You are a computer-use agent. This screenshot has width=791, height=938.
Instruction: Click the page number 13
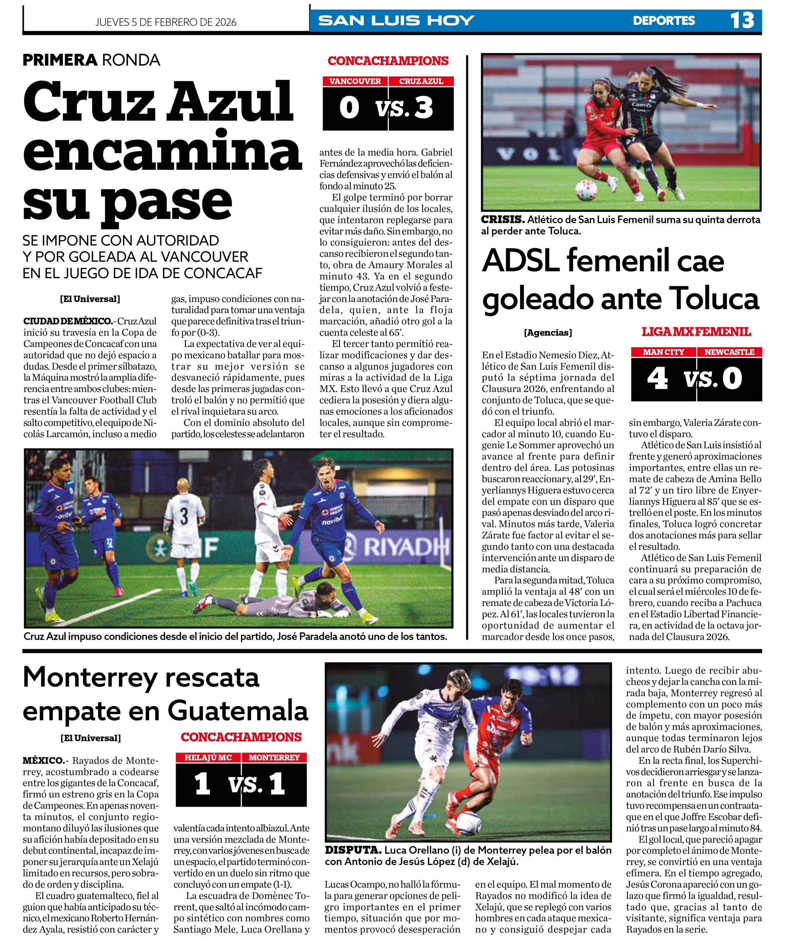[x=742, y=21]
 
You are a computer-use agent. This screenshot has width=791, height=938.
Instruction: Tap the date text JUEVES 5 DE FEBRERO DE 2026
[x=166, y=22]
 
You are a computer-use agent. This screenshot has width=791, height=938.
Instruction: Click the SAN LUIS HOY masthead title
[x=396, y=21]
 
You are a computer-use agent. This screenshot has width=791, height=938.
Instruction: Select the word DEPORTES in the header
[x=664, y=21]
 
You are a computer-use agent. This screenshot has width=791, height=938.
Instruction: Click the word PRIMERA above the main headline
[x=60, y=60]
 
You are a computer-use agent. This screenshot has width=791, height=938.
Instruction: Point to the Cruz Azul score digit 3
[x=423, y=108]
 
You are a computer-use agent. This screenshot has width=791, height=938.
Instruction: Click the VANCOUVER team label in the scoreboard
[x=355, y=81]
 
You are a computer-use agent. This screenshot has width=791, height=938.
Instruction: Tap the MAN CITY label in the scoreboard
[x=664, y=352]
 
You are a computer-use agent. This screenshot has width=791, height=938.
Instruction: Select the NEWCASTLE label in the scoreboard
[x=729, y=352]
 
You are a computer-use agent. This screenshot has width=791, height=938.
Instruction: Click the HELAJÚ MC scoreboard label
[x=208, y=757]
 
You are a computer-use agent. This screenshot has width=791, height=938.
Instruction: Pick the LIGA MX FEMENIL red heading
[x=696, y=332]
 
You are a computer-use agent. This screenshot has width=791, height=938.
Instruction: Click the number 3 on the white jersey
[x=184, y=516]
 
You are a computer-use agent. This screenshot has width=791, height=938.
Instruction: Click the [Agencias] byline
[x=547, y=333]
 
